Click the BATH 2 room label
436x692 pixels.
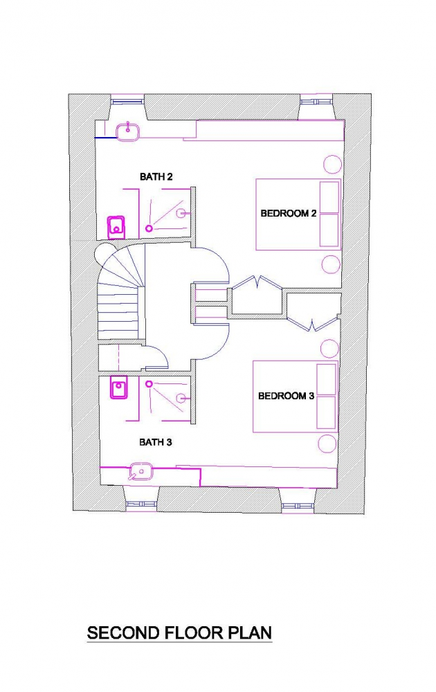coord(156,177)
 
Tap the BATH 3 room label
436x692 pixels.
coord(155,442)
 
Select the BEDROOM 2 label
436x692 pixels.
coord(288,214)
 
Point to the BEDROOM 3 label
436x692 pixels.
coord(286,396)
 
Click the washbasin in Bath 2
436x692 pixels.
coord(128,131)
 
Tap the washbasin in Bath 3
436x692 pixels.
coord(140,471)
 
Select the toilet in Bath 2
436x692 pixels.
coord(116,227)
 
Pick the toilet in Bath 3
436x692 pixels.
coord(119,388)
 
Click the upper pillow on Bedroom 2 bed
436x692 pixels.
coord(329,197)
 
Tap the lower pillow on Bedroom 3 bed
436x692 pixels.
coord(326,412)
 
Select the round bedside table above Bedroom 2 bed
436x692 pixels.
coord(332,164)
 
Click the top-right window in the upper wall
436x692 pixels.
coord(316,102)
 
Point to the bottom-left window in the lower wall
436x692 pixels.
coord(141,504)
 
